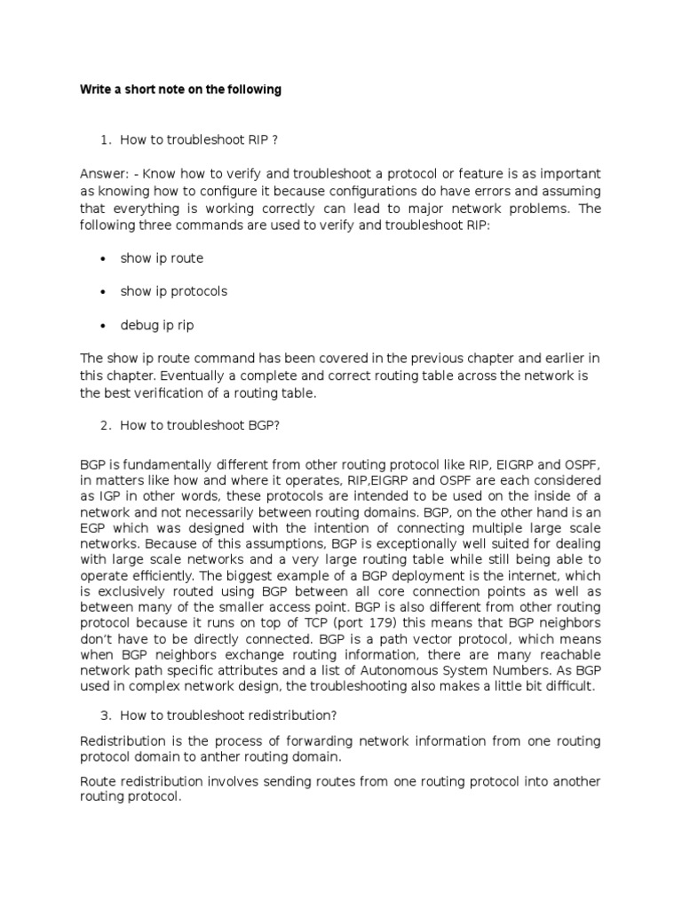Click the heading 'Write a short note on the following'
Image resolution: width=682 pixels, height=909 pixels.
pos(180,89)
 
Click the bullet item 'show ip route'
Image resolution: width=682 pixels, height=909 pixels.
pos(162,258)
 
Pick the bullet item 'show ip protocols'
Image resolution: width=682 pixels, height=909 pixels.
pos(174,291)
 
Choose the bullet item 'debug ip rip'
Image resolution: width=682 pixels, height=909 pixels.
pos(157,325)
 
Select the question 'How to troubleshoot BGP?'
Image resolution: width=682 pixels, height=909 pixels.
pos(200,425)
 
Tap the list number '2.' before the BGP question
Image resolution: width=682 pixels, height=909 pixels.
pos(105,425)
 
